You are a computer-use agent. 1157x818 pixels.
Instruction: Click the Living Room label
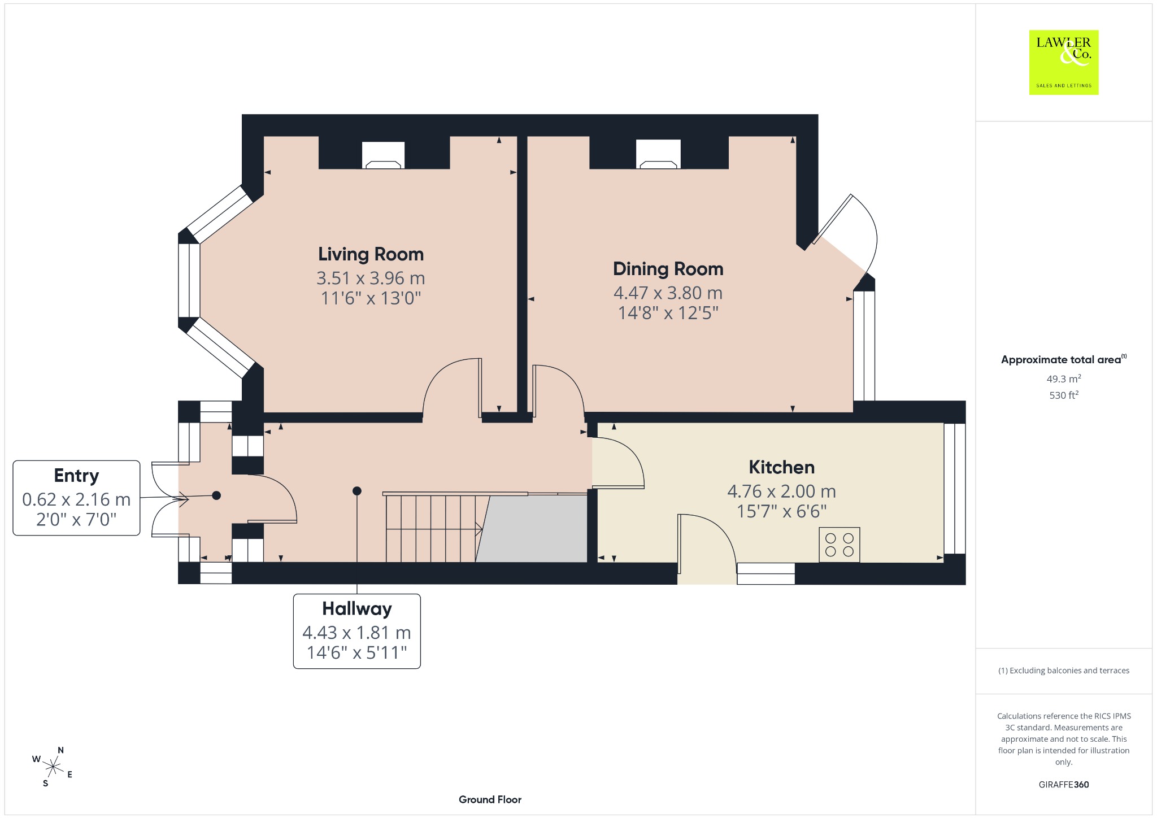[x=371, y=254]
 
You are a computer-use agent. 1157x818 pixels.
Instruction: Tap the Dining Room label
[x=668, y=269]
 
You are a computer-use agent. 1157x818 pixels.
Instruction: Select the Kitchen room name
[x=781, y=467]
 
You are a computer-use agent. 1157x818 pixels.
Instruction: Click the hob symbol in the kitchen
[x=840, y=545]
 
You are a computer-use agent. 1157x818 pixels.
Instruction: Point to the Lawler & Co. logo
[x=1064, y=62]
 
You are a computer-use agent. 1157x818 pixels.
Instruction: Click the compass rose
[x=53, y=767]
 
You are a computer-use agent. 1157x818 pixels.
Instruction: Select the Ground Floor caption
[x=490, y=799]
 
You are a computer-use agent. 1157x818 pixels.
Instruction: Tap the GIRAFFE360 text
[x=1064, y=784]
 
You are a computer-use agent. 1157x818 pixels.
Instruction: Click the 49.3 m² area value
[x=1064, y=379]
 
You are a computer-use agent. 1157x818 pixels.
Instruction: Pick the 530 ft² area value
[x=1064, y=395]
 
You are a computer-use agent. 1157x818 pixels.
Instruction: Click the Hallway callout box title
[x=357, y=608]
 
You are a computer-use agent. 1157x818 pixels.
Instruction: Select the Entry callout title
[x=76, y=476]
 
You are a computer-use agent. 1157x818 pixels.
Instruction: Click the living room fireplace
[x=384, y=155]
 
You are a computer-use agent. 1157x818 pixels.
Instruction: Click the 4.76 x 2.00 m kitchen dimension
[x=781, y=491]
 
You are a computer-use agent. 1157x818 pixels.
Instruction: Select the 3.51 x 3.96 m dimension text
[x=371, y=279]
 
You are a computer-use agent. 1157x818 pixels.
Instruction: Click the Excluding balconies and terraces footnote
[x=1064, y=671]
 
